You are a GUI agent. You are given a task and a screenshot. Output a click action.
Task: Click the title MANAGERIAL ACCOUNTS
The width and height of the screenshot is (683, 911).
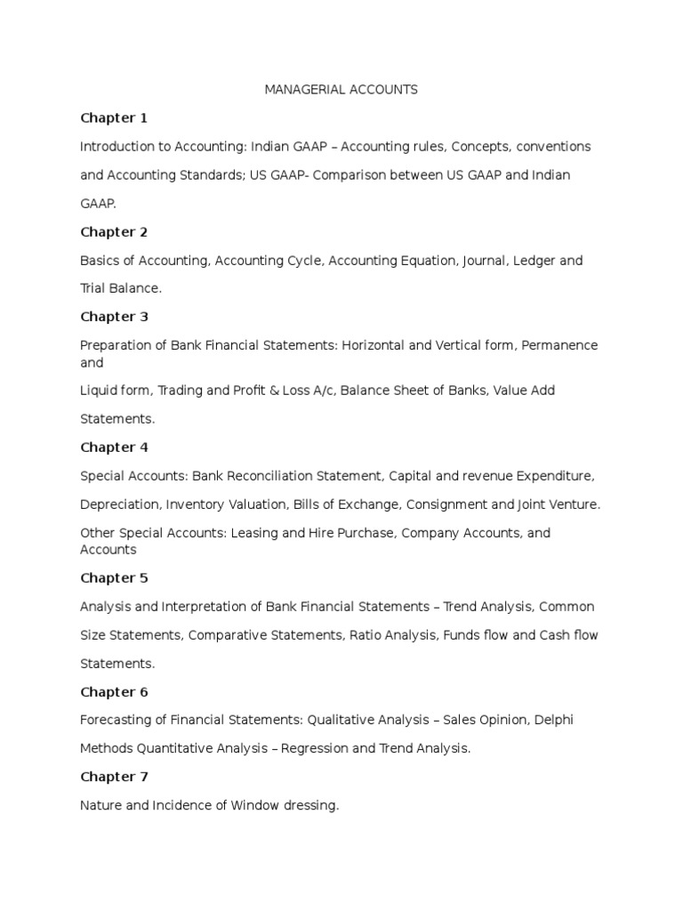pos(341,90)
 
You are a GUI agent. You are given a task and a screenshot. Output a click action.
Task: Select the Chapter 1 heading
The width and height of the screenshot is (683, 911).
pos(114,118)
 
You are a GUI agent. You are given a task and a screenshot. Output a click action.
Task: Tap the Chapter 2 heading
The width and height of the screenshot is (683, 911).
pos(114,232)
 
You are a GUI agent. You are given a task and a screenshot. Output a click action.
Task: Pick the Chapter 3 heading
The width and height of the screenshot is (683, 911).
pos(114,317)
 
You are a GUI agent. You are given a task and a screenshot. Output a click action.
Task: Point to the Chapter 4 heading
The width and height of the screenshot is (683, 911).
pos(114,447)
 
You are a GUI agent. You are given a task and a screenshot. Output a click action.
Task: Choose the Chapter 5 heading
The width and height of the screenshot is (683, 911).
pos(114,578)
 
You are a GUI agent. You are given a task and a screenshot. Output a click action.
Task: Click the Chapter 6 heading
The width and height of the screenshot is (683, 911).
pos(114,692)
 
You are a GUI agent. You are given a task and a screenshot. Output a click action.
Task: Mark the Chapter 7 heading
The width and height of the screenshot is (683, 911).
pos(114,777)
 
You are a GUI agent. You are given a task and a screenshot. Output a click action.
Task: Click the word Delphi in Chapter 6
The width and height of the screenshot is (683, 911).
pos(553,720)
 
